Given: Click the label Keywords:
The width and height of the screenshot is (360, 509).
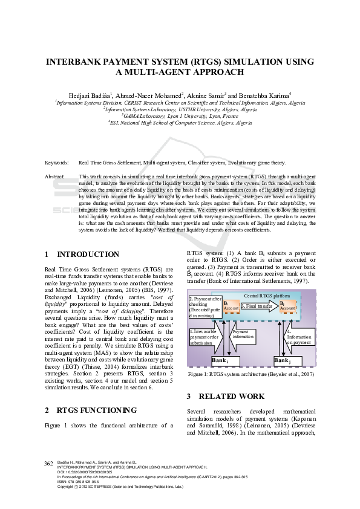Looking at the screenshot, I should click(x=57, y=163).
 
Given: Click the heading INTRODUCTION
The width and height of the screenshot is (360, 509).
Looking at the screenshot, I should click(x=88, y=254).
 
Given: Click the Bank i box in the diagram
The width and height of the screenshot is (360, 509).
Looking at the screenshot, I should click(x=220, y=360).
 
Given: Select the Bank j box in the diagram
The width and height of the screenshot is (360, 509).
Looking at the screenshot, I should click(x=282, y=360).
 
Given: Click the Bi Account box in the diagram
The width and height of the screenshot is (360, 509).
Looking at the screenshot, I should click(x=231, y=306).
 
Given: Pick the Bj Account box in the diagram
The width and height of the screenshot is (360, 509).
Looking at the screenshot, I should click(x=288, y=306).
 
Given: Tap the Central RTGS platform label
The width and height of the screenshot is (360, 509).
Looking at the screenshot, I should click(x=266, y=296).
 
